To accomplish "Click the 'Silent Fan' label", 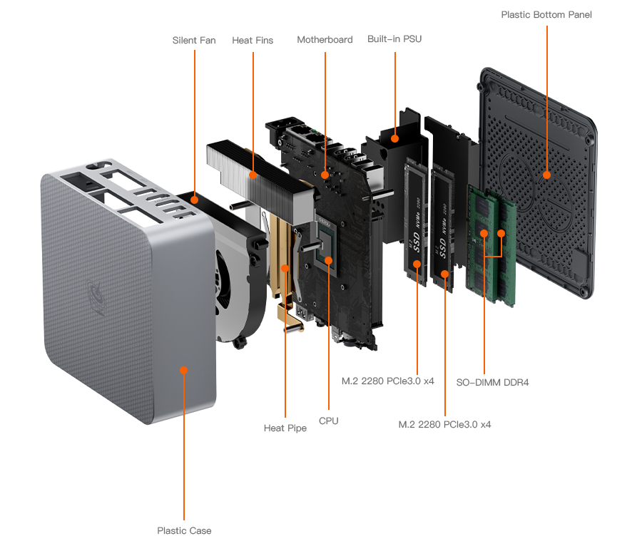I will click(x=193, y=41).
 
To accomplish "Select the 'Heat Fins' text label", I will click(x=253, y=41).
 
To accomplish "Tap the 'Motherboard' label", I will click(x=325, y=40).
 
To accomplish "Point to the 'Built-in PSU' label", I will click(x=394, y=39).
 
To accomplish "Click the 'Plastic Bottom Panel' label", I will click(x=546, y=14).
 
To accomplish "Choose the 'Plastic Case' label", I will click(x=184, y=530).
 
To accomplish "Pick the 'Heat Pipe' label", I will click(x=285, y=428).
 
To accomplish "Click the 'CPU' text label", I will click(x=328, y=421).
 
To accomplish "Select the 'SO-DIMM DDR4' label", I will click(x=492, y=382).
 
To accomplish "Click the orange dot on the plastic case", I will click(x=184, y=370).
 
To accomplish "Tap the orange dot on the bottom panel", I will click(x=546, y=174).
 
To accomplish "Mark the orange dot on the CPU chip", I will click(x=328, y=260).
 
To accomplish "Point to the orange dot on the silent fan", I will click(x=194, y=201).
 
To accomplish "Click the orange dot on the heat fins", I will click(x=253, y=174).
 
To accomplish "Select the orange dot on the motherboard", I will click(x=325, y=174).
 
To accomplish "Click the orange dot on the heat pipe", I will click(x=285, y=268).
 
